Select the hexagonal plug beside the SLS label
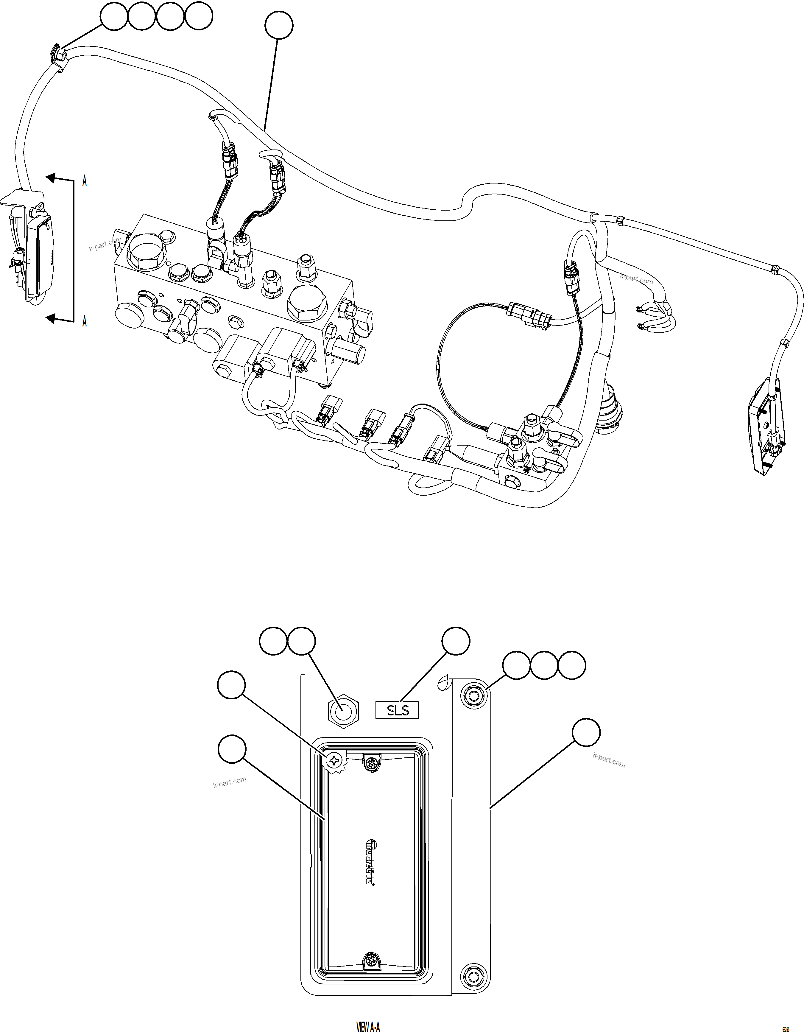point(344,712)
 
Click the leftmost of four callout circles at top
point(114,17)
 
